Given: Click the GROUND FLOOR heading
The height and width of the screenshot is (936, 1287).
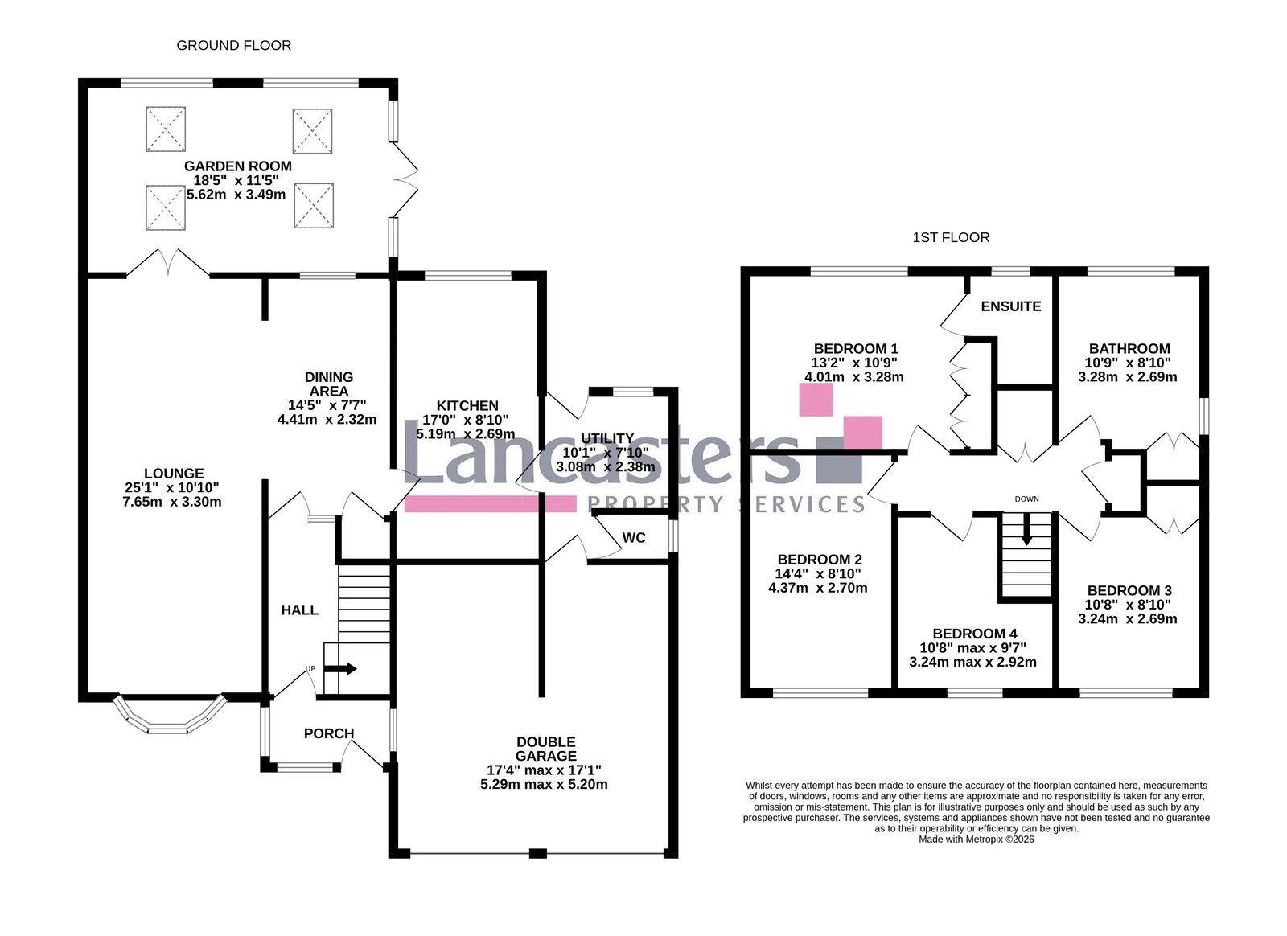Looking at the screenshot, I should pos(233,46).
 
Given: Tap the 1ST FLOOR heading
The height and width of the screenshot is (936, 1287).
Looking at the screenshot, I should pos(951,237).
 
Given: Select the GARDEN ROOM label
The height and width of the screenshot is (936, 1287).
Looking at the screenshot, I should pos(237,166).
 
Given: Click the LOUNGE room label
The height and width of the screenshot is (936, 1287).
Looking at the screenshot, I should pos(174,474).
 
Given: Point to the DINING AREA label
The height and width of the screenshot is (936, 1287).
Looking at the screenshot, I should pos(328,384).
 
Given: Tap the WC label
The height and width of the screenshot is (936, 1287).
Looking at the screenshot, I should pos(634,538).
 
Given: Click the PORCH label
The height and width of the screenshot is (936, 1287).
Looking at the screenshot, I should pos(328,733).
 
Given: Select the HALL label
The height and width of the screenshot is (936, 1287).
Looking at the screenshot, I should pos(299,610).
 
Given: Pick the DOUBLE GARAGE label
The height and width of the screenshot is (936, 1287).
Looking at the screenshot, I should pos(545,749).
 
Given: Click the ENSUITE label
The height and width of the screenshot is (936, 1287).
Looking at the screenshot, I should pos(1010,306).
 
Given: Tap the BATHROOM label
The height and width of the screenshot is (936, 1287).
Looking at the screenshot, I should pos(1129,348).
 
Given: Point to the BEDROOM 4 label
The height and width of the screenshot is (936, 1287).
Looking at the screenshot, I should pos(974,634).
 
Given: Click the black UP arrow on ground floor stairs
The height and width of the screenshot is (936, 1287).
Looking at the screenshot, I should pos(343,668).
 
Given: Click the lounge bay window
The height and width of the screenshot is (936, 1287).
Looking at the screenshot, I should pos(169,718).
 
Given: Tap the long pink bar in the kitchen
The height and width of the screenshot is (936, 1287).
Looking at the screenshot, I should pos(490,504).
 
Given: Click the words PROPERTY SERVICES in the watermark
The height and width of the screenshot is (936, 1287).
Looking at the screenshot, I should pos(726,504).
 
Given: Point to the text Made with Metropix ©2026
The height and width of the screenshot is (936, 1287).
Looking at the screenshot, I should pos(976,840).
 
